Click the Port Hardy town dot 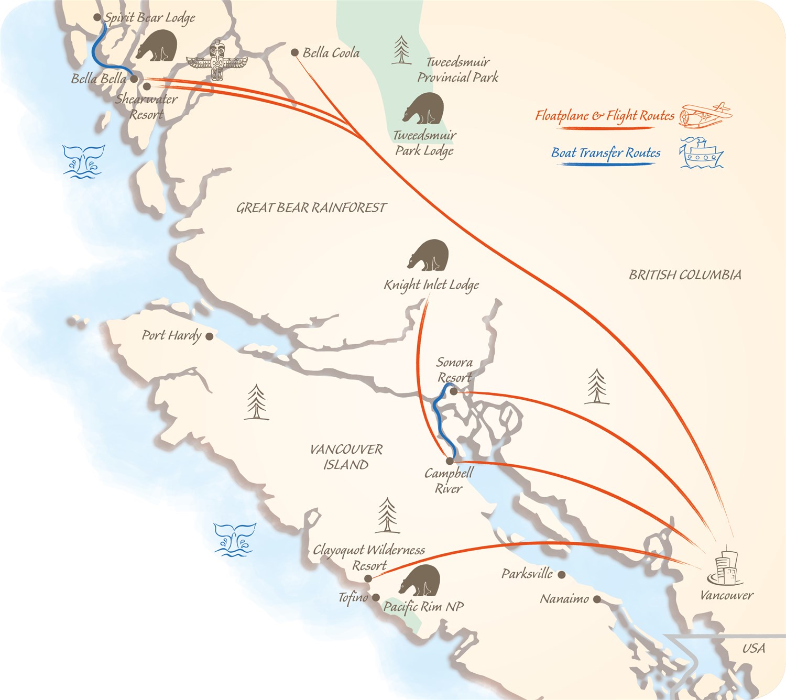[x=209, y=336]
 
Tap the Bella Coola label [x=331, y=52]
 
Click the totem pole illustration [x=217, y=61]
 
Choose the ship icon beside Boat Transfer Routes [x=701, y=154]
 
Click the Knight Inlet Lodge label [x=431, y=285]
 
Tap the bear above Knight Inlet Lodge [x=429, y=255]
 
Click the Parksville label [x=527, y=574]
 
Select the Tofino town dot [x=376, y=597]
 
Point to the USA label [x=754, y=649]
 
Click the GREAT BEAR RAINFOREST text [x=311, y=208]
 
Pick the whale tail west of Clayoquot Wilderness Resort [x=235, y=539]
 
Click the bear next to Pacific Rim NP [x=420, y=581]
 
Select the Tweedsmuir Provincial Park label [x=457, y=70]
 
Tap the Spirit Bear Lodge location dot [x=97, y=17]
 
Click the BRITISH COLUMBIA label [x=685, y=275]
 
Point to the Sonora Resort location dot [x=454, y=391]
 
